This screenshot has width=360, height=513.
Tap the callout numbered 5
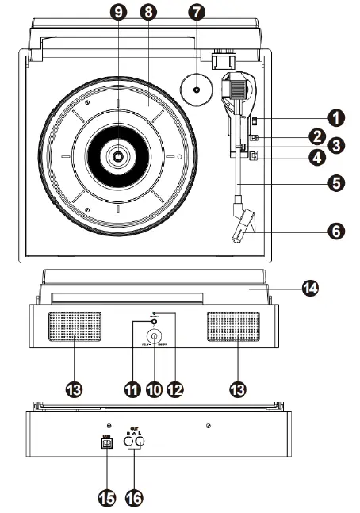338,182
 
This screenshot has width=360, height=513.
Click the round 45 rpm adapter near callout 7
196,89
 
